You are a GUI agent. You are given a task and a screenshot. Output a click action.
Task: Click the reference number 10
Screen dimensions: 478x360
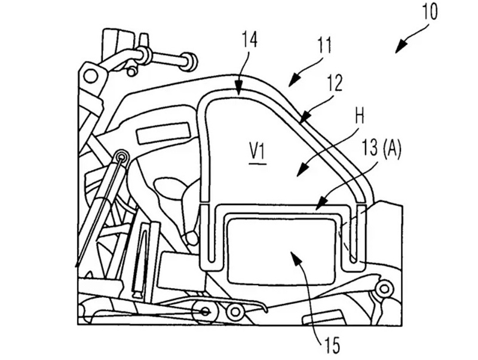(x=430, y=11)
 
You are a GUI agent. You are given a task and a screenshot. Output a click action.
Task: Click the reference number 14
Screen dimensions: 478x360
(x=249, y=40)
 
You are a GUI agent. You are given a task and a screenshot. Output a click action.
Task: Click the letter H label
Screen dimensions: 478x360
(x=360, y=117)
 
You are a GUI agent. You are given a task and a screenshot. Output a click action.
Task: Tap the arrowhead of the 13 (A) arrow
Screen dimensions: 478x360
(x=320, y=205)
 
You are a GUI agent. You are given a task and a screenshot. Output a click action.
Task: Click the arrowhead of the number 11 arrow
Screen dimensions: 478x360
(x=293, y=80)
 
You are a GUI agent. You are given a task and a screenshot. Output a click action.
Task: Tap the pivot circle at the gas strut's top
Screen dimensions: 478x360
(x=123, y=157)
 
